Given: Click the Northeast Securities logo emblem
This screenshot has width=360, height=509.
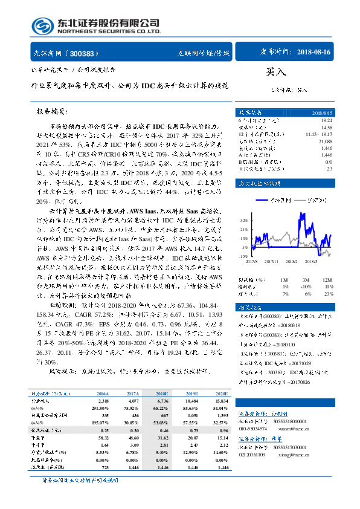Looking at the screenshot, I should pos(42,26).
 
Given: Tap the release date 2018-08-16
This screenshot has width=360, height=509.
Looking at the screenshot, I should pos(314,53).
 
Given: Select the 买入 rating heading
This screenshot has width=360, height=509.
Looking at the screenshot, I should pos(275,73).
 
